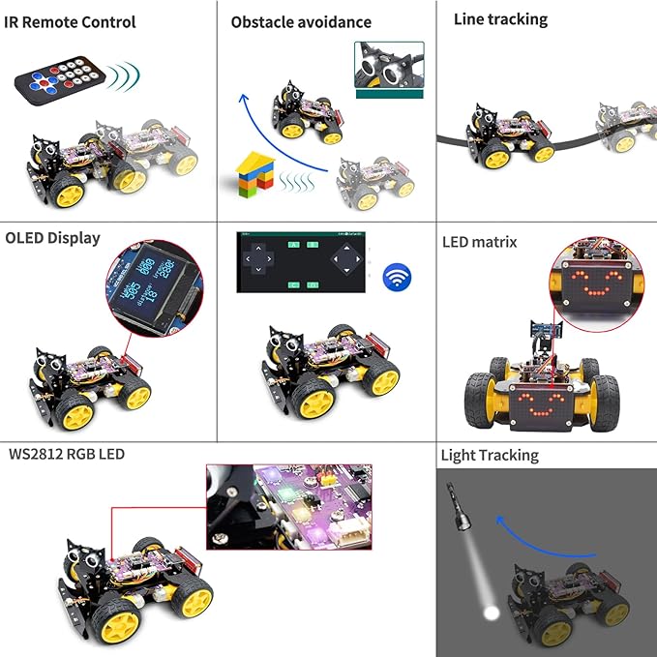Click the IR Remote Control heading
click(71, 21)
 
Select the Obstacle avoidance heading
click(300, 21)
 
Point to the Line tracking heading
click(500, 18)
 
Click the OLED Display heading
click(52, 237)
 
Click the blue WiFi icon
click(396, 278)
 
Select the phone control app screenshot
click(303, 262)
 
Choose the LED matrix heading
click(479, 242)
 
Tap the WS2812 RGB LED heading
click(66, 453)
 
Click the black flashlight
click(460, 509)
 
